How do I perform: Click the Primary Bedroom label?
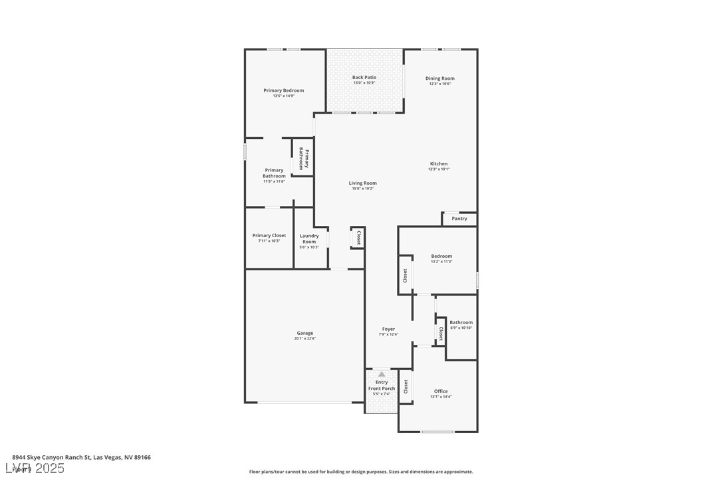coord(283,90)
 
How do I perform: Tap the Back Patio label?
coord(364,78)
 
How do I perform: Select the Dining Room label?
coord(439,78)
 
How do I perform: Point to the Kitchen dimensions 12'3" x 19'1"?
coord(439,169)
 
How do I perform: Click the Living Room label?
coord(362,183)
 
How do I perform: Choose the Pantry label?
coord(459,219)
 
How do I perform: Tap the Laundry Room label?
coord(309,239)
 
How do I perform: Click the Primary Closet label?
coord(269,235)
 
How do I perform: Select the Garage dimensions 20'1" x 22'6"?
coord(304,339)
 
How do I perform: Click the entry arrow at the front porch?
coord(382,375)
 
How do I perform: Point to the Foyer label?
coord(388,329)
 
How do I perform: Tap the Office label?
coord(441,391)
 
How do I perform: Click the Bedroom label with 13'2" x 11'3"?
coord(441,256)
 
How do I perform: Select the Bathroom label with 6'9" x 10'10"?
coord(461,322)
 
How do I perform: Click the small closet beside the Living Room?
coord(358,238)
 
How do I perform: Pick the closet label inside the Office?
coord(406,387)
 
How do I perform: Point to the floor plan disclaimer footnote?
coord(361,472)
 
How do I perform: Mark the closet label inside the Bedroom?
coord(405,275)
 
